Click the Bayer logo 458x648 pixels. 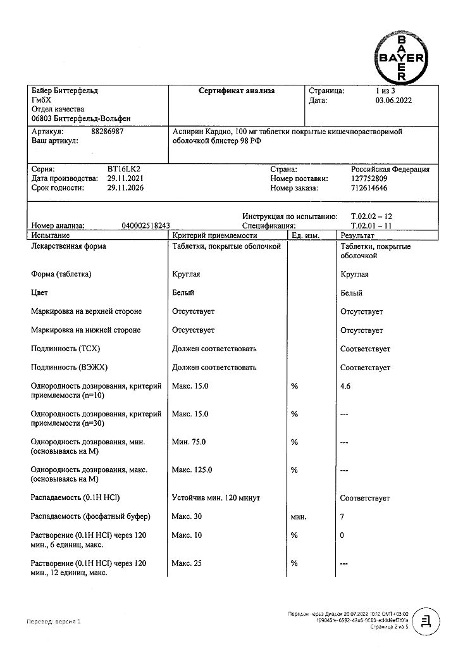[x=401, y=57]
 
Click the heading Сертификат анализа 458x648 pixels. [x=237, y=91]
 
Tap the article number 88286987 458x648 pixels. [x=108, y=132]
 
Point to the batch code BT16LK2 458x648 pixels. [x=128, y=170]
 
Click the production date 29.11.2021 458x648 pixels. [x=128, y=178]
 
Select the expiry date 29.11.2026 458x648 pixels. [x=128, y=188]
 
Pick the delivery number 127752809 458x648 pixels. [x=370, y=178]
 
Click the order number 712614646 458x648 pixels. [x=370, y=188]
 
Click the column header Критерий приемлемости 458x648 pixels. [x=214, y=234]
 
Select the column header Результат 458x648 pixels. [x=358, y=234]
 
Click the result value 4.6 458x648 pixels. [x=345, y=386]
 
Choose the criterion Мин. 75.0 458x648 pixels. [x=189, y=442]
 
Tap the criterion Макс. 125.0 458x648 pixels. [x=192, y=470]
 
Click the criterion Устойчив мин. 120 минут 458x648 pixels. [x=216, y=499]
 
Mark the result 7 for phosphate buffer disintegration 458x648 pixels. [x=342, y=517]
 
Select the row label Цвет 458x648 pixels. [x=39, y=293]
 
